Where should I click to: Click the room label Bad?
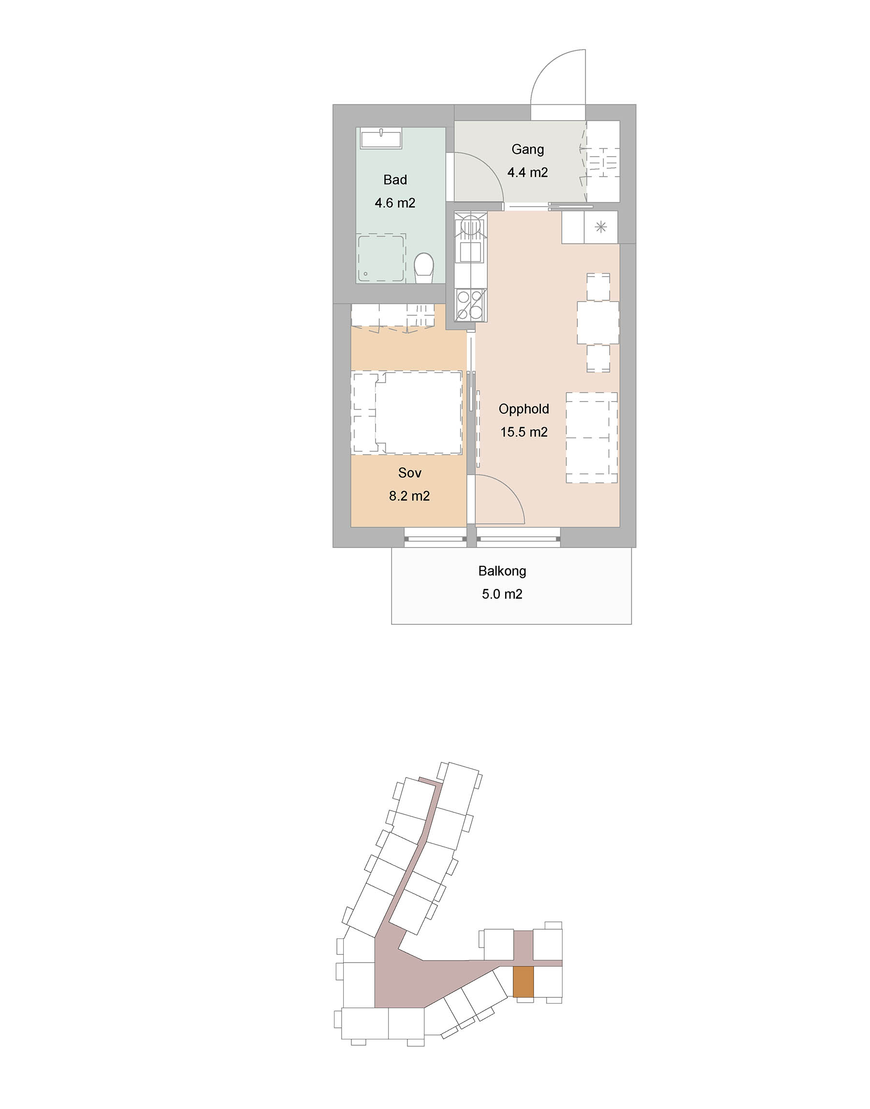point(395,180)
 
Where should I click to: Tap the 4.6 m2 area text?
point(395,203)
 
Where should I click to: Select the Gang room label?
point(528,150)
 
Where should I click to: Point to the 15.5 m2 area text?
point(523,432)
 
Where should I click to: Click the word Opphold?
point(523,409)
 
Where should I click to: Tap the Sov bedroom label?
point(409,473)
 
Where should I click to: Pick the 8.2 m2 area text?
point(409,496)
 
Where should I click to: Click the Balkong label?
point(502,571)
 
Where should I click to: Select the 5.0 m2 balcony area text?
point(502,594)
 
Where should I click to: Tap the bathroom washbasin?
point(381,139)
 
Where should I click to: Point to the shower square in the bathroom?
point(381,258)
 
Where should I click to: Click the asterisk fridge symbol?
point(601,227)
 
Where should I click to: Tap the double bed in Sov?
point(407,413)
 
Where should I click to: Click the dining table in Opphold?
point(598,323)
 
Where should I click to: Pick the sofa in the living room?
point(592,437)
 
